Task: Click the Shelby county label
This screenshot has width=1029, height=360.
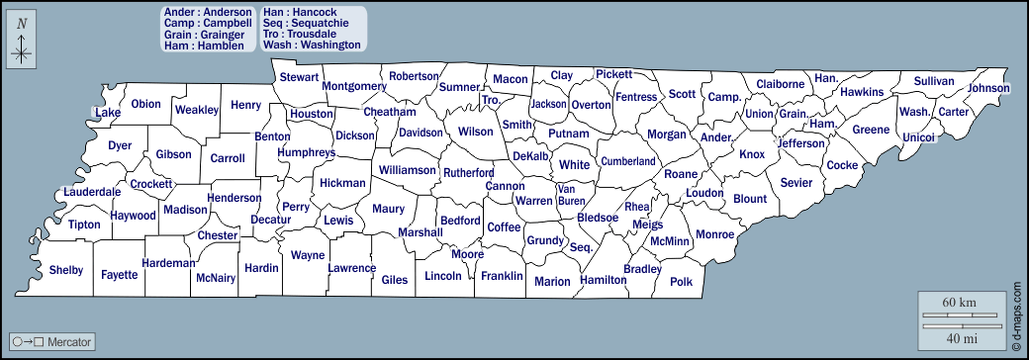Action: [66, 270]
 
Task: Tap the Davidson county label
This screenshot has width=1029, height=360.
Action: [421, 133]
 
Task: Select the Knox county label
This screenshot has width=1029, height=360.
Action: [752, 154]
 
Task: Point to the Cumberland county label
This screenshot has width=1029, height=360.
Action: [628, 161]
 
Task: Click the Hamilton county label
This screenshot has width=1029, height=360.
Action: [604, 280]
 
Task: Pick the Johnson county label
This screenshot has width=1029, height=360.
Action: [988, 88]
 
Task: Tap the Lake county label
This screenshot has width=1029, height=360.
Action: [108, 113]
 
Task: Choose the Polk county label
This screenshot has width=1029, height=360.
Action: [681, 281]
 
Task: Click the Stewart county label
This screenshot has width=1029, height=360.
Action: [299, 77]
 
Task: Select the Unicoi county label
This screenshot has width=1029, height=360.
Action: [919, 136]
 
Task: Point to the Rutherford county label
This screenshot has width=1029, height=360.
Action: [468, 172]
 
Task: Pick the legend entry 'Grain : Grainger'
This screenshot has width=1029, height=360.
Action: [204, 34]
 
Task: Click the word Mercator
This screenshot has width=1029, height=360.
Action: [69, 342]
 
